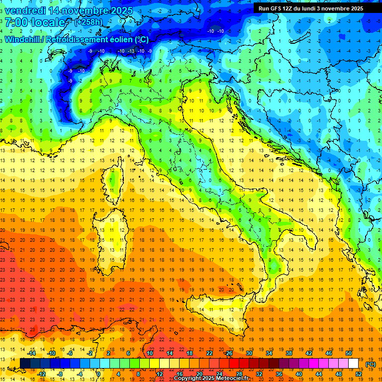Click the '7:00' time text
point(15,22)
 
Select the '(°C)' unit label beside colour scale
point(370,364)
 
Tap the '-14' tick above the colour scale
point(31,353)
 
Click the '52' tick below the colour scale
point(359,374)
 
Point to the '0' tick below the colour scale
point(98,374)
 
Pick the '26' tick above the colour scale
point(229,353)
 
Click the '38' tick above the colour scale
point(288,353)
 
